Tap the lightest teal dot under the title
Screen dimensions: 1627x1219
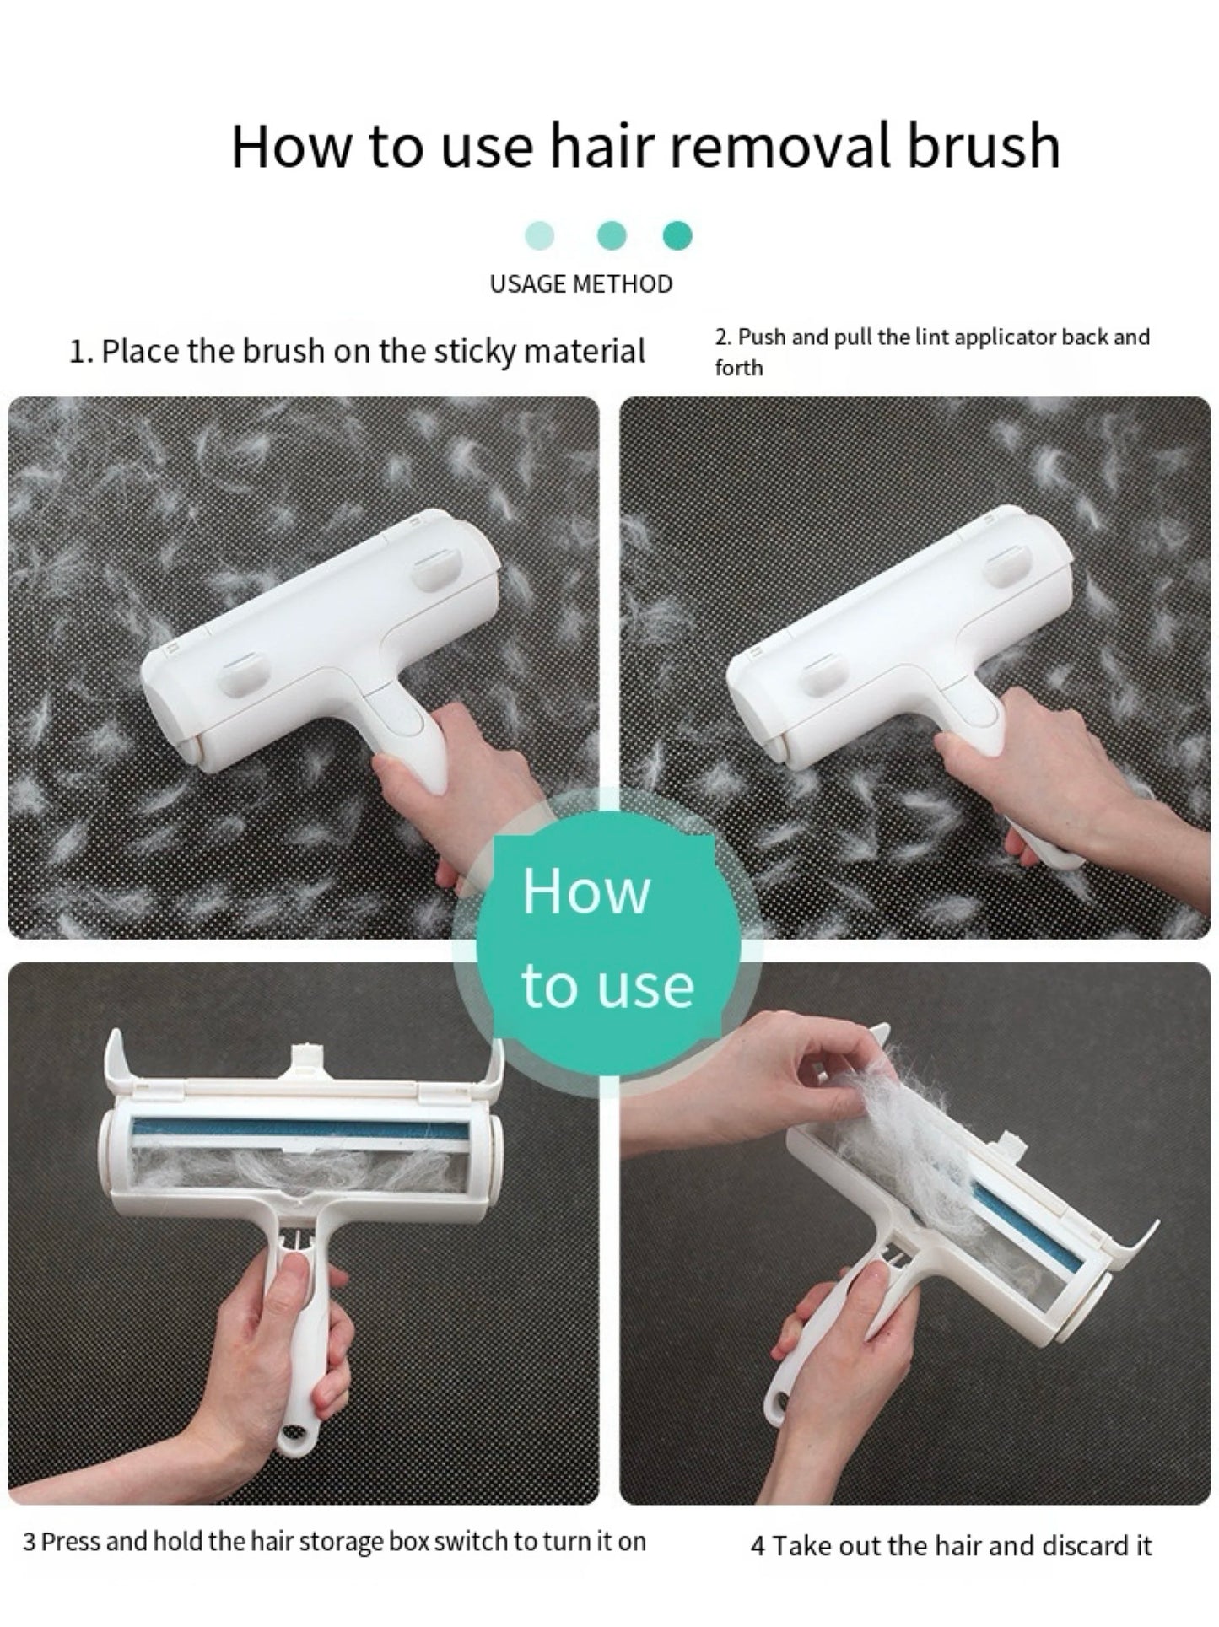[x=540, y=235]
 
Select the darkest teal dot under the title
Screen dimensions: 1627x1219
[x=677, y=235]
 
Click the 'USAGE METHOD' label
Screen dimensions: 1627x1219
[x=581, y=284]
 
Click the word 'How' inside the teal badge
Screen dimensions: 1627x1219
[x=586, y=892]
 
